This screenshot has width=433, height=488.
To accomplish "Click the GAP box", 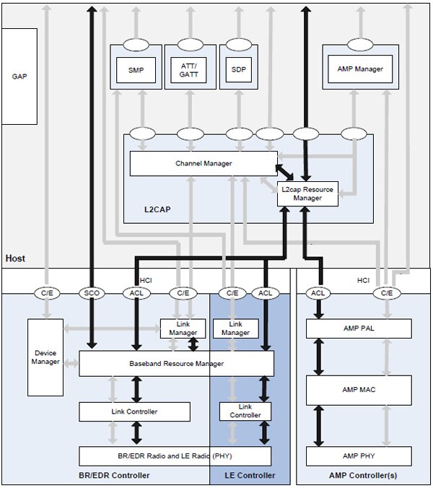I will (19, 76).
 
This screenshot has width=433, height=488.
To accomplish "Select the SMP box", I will (136, 69).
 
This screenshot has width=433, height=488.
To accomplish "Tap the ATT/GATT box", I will (190, 69).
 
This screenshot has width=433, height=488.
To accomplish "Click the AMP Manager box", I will (359, 69).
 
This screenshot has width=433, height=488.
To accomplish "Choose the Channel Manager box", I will (204, 164).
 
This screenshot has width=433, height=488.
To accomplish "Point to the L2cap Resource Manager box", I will (308, 193).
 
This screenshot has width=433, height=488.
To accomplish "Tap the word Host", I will (16, 258).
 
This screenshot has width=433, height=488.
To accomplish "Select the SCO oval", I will (92, 292).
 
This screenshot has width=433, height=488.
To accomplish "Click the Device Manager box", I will (45, 357).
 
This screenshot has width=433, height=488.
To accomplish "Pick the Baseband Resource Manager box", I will (176, 363).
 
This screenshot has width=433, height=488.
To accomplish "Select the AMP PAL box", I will (359, 328).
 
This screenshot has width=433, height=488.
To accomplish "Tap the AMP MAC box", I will (359, 390).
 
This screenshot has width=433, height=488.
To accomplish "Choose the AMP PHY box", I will (359, 456).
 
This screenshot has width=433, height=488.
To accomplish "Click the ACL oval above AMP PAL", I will (317, 292).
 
